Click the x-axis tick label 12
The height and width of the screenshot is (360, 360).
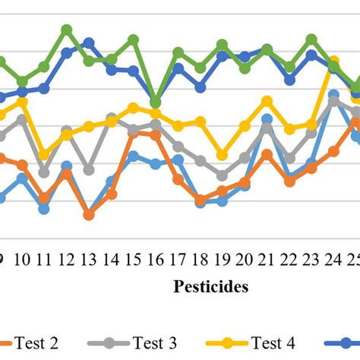click(x=67, y=260)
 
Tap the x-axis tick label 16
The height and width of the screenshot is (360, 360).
click(x=156, y=260)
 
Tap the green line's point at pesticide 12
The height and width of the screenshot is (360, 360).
click(x=67, y=30)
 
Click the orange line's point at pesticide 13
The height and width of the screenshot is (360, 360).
click(x=89, y=215)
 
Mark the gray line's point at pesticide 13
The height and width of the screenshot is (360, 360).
click(x=89, y=169)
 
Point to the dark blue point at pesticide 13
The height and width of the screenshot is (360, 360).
click(x=89, y=43)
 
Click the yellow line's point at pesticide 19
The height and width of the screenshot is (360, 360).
click(x=223, y=154)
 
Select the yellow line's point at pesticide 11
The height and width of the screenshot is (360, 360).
click(x=44, y=154)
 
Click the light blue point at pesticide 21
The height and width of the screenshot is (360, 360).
click(x=267, y=119)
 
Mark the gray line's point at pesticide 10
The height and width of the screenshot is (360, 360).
click(x=22, y=119)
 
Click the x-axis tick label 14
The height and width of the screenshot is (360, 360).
click(x=111, y=260)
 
